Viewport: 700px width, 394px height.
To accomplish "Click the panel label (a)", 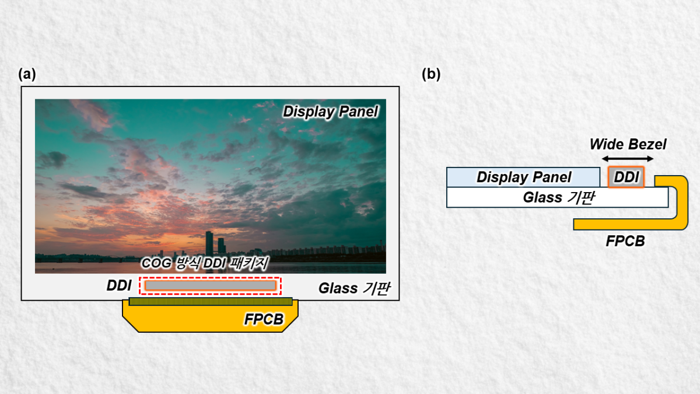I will point(27,75).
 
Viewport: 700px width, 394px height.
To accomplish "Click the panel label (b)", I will point(431,75).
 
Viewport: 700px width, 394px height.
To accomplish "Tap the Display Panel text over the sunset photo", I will point(330,111).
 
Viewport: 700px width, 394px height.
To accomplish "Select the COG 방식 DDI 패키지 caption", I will point(205,264).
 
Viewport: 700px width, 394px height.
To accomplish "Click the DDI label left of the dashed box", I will point(118,286).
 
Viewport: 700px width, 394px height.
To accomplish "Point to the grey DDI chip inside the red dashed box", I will point(211,285).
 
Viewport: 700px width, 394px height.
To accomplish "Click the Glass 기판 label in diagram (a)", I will point(352,288).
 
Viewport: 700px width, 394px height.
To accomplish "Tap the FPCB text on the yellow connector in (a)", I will point(263,319).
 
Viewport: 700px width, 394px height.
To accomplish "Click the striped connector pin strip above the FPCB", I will point(211,301).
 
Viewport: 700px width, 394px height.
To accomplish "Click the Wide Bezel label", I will point(628,144).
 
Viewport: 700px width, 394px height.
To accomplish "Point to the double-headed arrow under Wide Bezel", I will point(628,159).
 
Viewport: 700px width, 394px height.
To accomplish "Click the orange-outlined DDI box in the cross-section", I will point(626,177).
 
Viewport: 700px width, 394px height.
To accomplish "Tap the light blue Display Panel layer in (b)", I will point(523,177).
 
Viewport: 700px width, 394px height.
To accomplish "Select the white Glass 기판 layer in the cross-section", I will point(557,197).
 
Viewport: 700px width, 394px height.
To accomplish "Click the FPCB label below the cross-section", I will point(625,240).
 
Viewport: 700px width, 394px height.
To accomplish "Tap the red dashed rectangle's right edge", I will point(281,285).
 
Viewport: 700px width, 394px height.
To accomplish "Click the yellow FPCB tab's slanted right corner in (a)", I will point(291,323).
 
